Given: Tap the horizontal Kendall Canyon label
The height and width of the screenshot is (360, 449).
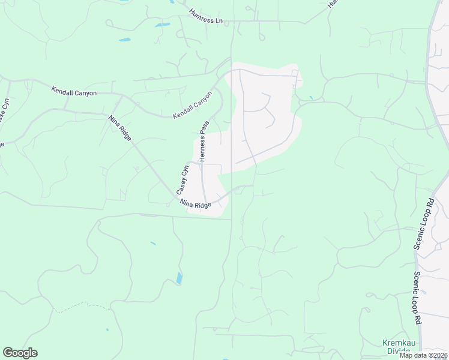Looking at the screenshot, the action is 74,93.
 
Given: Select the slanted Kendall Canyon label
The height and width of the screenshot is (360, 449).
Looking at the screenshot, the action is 193,106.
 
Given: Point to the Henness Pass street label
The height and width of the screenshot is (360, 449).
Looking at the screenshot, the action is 203,142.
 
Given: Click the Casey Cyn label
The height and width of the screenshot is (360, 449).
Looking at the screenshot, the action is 182,179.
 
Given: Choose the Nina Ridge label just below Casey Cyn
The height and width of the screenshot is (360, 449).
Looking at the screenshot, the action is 195,205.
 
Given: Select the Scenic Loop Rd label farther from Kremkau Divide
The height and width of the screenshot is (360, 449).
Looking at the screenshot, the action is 423,223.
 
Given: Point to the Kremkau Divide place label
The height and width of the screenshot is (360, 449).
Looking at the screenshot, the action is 397,347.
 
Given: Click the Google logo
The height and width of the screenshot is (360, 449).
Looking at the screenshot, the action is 20,353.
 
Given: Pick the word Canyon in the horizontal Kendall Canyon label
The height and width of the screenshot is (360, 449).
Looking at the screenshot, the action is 85,94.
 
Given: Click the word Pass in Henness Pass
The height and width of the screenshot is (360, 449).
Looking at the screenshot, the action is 203,129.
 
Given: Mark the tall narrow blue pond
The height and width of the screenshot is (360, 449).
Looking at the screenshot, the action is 179,278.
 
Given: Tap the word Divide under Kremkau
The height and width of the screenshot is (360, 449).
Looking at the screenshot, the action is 397,352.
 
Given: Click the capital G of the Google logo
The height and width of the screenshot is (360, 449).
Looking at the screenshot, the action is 8,353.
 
